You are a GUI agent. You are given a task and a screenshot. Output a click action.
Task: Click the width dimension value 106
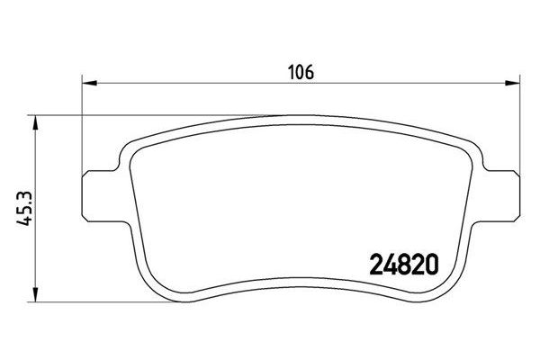301,72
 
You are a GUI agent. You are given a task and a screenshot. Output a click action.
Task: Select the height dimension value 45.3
24,209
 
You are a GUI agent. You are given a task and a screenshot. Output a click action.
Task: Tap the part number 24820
404,265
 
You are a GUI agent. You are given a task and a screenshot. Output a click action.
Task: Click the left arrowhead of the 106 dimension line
89,83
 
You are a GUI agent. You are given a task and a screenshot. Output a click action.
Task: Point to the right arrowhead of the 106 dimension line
512,83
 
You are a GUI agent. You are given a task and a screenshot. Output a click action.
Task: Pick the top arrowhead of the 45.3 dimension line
36,123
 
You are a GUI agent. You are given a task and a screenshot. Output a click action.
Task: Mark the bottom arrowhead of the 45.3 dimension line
36,294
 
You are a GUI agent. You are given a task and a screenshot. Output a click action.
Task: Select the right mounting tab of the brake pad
501,196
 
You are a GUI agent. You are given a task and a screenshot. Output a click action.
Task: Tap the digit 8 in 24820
404,265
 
